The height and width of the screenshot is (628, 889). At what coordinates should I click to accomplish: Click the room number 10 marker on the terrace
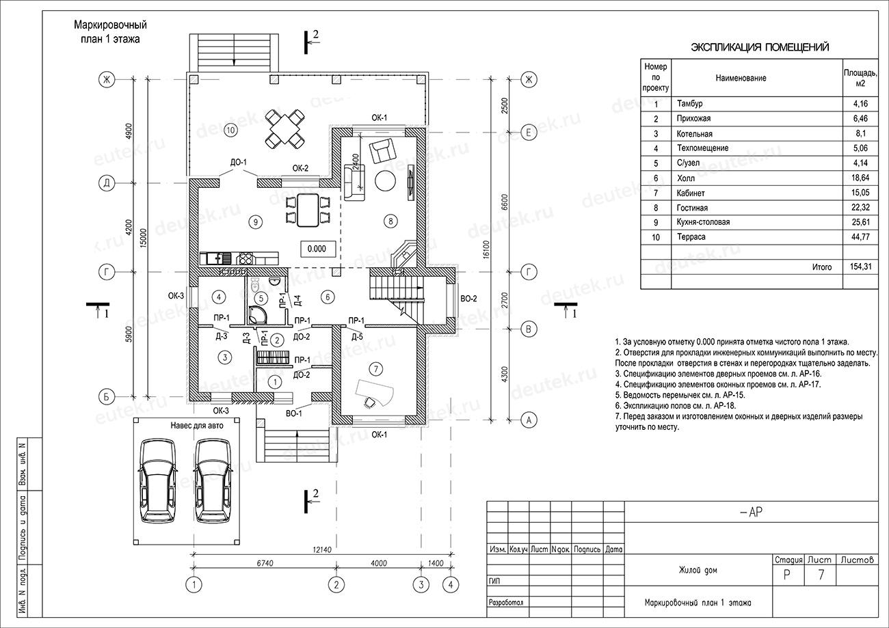tap(230, 130)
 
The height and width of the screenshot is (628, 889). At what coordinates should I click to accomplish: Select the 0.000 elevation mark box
tap(317, 249)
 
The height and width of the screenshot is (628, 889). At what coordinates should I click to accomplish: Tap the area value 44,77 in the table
tap(860, 237)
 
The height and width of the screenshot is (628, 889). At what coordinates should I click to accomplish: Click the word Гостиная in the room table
tap(692, 208)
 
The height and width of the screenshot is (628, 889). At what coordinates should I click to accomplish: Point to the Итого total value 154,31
tap(860, 267)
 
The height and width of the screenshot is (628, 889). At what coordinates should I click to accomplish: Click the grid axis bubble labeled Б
tap(107, 396)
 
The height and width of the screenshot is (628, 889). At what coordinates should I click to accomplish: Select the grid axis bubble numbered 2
tap(336, 584)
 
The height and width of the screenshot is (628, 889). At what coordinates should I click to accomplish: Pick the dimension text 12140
tap(322, 550)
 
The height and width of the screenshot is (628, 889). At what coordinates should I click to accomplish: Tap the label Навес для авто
tap(197, 426)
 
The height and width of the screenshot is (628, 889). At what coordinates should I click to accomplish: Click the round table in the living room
tap(385, 181)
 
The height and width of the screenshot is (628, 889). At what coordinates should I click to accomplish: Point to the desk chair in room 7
tap(370, 402)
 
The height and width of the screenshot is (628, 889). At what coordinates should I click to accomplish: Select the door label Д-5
tap(357, 337)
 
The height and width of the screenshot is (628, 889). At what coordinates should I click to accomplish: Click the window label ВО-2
tap(468, 299)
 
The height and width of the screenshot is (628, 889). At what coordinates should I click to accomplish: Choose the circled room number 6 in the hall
tap(328, 297)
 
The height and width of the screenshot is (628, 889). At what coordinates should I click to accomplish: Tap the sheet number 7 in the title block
tap(821, 575)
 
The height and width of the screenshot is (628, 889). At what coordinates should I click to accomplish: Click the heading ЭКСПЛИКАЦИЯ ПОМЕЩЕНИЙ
tap(760, 47)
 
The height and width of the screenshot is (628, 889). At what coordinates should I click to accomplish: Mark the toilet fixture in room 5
tap(255, 285)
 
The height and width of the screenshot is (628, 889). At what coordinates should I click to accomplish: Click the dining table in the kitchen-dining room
tap(308, 210)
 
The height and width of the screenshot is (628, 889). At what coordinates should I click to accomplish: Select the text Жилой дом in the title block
tap(698, 570)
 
